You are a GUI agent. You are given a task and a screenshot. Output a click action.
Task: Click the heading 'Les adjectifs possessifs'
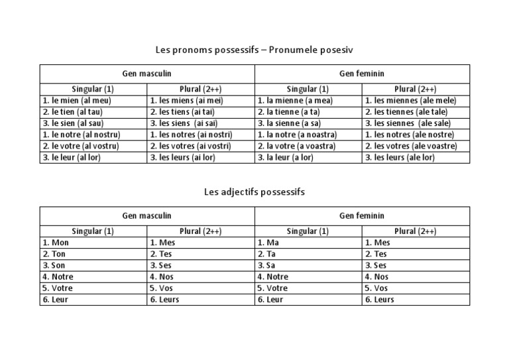point(254,192)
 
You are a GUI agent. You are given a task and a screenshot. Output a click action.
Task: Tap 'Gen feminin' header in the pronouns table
point(362,74)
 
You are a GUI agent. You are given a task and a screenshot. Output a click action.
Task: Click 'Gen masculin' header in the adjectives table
point(147,215)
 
